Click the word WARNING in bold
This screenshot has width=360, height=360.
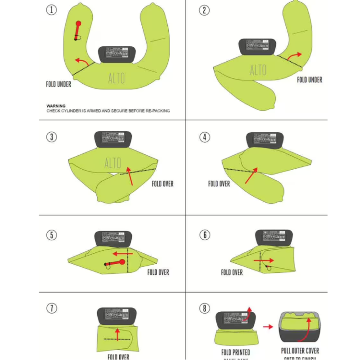[x=56, y=106]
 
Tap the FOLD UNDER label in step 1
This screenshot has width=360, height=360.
[x=58, y=84]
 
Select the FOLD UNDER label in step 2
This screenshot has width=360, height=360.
[x=310, y=80]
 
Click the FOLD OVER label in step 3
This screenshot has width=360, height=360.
[x=162, y=184]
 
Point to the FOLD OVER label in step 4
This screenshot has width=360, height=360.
[x=219, y=184]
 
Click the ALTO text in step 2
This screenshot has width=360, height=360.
[x=258, y=70]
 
